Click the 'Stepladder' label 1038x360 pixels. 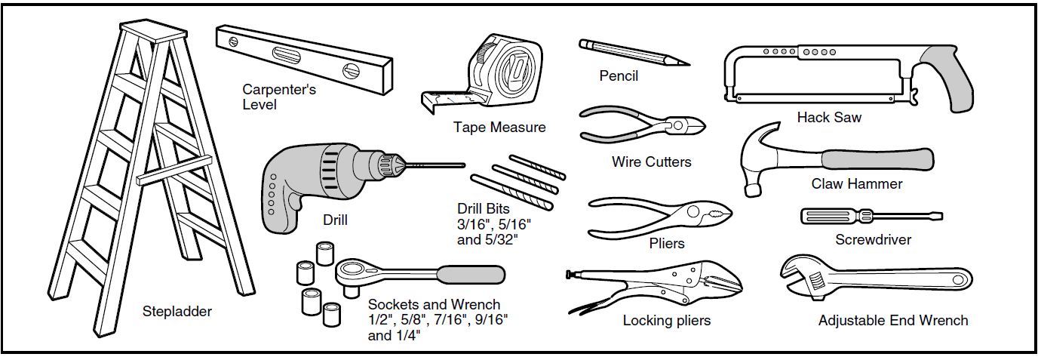point(177,311)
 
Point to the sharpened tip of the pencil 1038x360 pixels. point(685,63)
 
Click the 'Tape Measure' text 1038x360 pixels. point(499,127)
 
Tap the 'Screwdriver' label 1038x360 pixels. point(873,240)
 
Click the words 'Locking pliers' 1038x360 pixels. point(666,321)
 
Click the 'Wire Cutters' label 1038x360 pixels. point(651,162)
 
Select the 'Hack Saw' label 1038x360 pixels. point(829,117)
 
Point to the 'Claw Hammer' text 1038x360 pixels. point(856,183)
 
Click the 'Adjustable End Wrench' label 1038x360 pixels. point(893,321)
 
